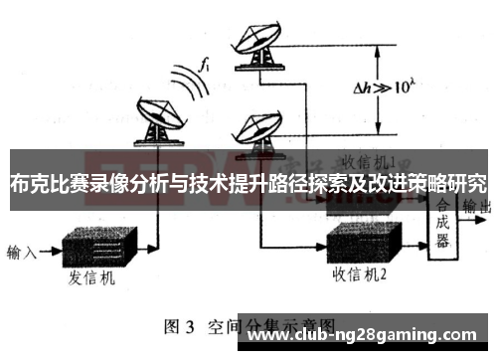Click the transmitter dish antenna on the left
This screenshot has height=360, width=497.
coord(153,116)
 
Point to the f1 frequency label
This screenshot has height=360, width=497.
coord(204,65)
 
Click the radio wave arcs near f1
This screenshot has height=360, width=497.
coord(188,82)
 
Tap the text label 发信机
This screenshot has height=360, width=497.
coord(93,278)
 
